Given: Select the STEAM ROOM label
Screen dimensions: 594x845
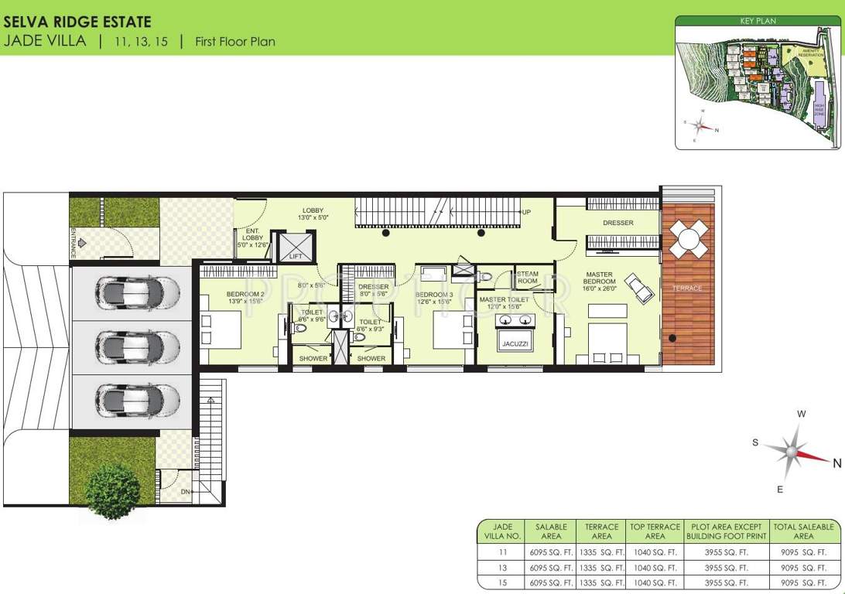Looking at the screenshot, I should tap(527, 277).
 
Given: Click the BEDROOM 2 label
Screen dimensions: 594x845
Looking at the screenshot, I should tap(246, 297).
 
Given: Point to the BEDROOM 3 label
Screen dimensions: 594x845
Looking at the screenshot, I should tap(434, 298).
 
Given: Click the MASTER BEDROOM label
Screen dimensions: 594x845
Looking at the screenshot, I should tap(600, 281).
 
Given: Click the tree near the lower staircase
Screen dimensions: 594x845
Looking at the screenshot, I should tap(113, 490).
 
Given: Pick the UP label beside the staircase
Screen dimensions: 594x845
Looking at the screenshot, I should tap(526, 212).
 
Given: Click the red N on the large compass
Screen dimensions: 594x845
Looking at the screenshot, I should tap(836, 463).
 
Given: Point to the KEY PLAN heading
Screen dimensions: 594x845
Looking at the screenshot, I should tap(757, 21).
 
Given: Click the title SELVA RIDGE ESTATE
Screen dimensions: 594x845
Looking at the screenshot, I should tap(77, 22).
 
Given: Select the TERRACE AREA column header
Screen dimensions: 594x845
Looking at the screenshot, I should tap(601, 531).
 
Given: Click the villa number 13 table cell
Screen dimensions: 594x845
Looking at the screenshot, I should tap(502, 568).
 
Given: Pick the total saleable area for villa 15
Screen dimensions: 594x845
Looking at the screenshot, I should tap(803, 582).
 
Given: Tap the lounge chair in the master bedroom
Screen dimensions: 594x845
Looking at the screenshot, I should tap(638, 288).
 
